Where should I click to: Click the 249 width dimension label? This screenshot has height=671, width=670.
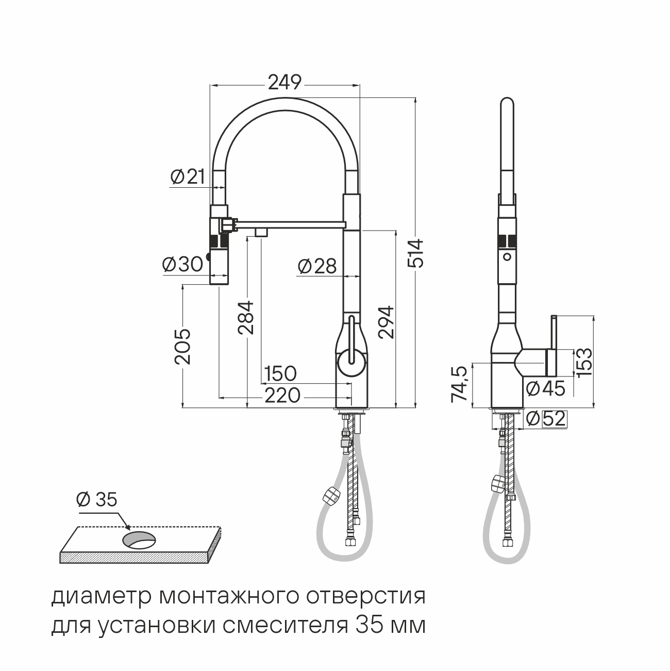tap(284, 83)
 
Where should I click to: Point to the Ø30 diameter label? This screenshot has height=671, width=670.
tap(183, 264)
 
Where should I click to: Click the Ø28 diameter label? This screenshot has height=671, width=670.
tap(317, 266)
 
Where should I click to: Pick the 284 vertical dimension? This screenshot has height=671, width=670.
tap(246, 318)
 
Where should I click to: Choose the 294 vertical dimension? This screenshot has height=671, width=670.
tap(387, 322)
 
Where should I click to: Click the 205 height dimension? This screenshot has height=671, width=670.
tap(182, 347)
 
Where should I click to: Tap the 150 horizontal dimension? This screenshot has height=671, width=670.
tap(280, 373)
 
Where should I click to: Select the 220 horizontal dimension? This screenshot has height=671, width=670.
tap(282, 395)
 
